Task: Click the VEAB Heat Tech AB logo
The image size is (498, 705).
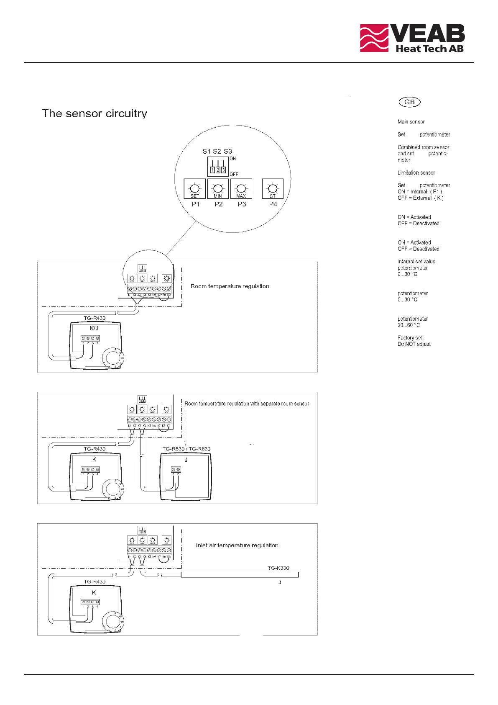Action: click(412, 38)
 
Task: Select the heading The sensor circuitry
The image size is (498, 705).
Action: click(94, 113)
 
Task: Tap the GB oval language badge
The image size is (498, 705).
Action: click(409, 102)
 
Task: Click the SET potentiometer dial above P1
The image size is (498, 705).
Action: click(195, 188)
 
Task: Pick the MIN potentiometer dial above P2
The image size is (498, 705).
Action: click(218, 188)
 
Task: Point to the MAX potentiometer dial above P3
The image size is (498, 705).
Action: click(241, 188)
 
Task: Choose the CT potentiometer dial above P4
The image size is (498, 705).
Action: click(273, 188)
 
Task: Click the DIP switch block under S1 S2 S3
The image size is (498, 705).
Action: click(218, 167)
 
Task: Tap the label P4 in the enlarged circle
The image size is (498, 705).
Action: click(273, 204)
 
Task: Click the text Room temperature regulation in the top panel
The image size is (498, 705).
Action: click(230, 286)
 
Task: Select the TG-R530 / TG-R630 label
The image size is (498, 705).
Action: click(186, 449)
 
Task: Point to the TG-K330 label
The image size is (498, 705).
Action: click(278, 568)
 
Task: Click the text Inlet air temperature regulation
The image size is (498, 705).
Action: click(237, 545)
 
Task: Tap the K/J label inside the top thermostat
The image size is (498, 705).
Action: click(94, 328)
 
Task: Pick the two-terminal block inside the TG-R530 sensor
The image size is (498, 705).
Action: click(176, 470)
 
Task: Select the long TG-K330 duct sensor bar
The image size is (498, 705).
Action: click(240, 575)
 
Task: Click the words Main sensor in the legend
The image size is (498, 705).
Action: click(411, 122)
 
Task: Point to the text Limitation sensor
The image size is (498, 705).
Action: click(416, 172)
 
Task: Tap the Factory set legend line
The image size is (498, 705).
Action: click(410, 338)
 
